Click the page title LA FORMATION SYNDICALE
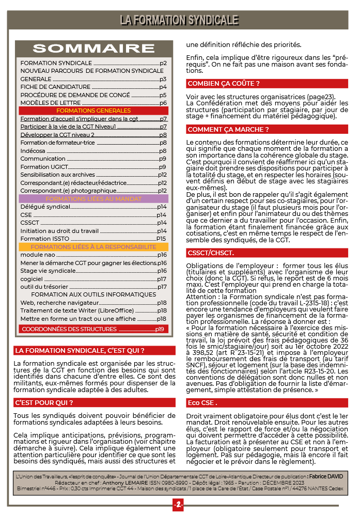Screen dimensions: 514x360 tap(179, 20)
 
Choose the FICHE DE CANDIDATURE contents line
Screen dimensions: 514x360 tap(55, 87)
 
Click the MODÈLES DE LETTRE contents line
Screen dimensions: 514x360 tap(51, 103)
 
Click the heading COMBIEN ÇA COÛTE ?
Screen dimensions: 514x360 tap(223, 83)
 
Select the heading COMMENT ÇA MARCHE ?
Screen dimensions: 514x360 tap(228, 130)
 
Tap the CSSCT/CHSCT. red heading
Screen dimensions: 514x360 tap(211, 253)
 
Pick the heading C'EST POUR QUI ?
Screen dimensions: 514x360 tap(44, 402)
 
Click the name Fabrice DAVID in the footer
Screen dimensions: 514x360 tap(325, 476)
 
